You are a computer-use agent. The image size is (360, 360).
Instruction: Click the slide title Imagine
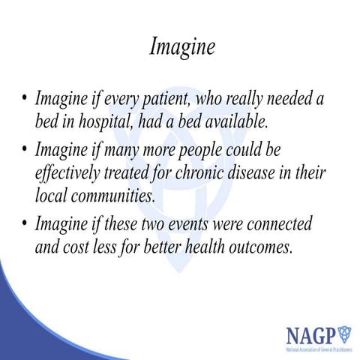coord(182,46)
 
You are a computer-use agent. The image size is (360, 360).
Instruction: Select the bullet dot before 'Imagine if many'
coord(25,150)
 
